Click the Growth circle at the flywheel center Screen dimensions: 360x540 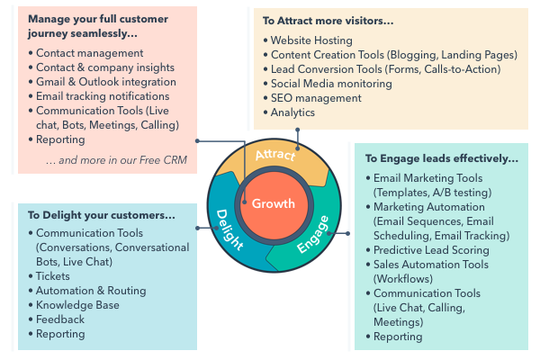[x=273, y=203]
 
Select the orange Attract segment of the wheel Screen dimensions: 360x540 [x=275, y=157]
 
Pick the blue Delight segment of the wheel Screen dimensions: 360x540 [x=230, y=224]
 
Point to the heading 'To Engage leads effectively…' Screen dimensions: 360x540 [x=442, y=158]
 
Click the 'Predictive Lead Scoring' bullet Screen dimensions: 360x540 [x=431, y=250]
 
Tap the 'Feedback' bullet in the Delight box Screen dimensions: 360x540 [x=61, y=319]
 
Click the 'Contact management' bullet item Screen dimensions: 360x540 [x=91, y=53]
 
